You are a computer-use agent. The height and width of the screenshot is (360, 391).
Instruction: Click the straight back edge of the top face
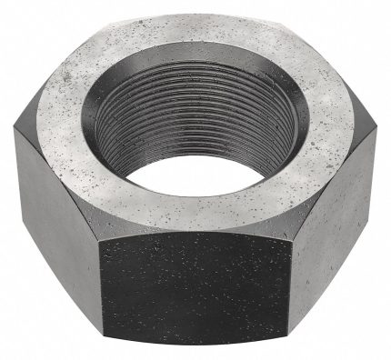[190, 20]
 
